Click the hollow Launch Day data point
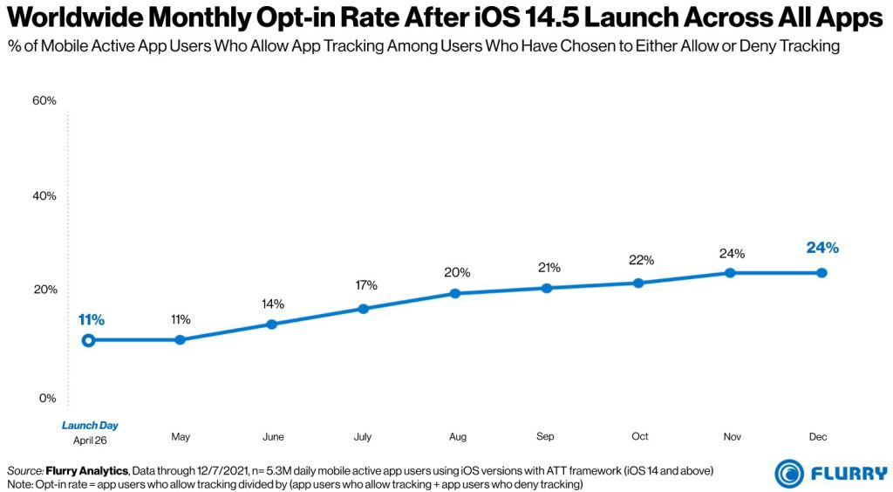88,340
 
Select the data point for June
271,324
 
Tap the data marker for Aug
454,293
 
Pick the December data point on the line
821,273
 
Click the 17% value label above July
365,285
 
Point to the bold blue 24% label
821,249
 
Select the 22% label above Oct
639,260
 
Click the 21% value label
549,267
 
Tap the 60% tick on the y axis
44,101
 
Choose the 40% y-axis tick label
44,196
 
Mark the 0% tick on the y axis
47,399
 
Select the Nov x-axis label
731,436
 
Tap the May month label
181,436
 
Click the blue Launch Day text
90,426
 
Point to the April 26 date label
90,440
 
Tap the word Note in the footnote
19,483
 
